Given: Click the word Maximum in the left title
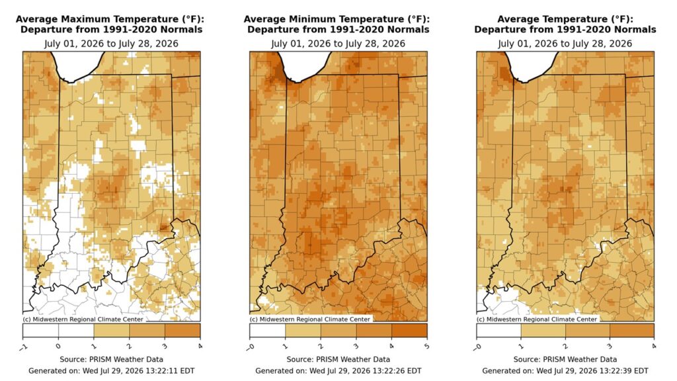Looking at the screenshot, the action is tap(82, 19).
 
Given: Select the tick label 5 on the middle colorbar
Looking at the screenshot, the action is tap(426, 346).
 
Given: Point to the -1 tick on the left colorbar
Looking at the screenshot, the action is tap(23, 347).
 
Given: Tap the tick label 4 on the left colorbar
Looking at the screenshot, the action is tap(200, 346).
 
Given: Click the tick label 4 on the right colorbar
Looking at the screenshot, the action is tap(654, 346).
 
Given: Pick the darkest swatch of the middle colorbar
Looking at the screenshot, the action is tap(409, 331).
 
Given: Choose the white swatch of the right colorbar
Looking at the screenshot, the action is tap(498, 331).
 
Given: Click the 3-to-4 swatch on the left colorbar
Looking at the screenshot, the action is tap(182, 331).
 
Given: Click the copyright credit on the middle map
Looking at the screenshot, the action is tap(309, 319).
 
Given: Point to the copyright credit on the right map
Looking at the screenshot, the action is tap(537, 319).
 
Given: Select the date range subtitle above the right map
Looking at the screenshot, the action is tap(565, 44).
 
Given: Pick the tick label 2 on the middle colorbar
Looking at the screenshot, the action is tap(321, 346).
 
